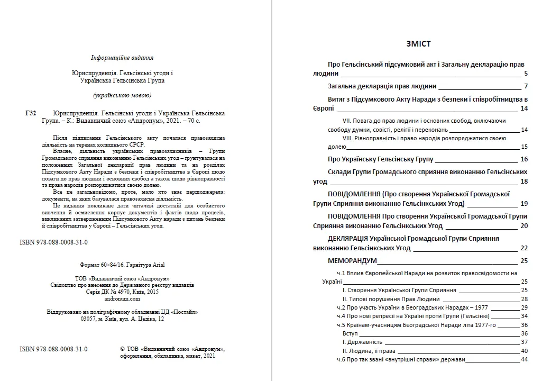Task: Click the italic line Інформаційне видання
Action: (122, 58)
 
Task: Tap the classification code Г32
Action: (31, 113)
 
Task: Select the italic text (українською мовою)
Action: (122, 95)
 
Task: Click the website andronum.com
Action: (122, 298)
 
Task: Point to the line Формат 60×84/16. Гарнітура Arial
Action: (122, 264)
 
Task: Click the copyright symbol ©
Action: (123, 349)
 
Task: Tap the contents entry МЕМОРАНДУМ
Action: (352, 261)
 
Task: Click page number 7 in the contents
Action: (526, 86)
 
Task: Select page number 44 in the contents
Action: (525, 360)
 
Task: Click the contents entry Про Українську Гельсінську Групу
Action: (380, 159)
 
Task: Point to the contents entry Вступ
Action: (350, 333)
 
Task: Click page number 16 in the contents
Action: (524, 159)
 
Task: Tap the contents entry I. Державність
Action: (362, 342)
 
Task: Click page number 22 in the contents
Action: (524, 248)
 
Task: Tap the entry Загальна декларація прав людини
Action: (382, 86)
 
